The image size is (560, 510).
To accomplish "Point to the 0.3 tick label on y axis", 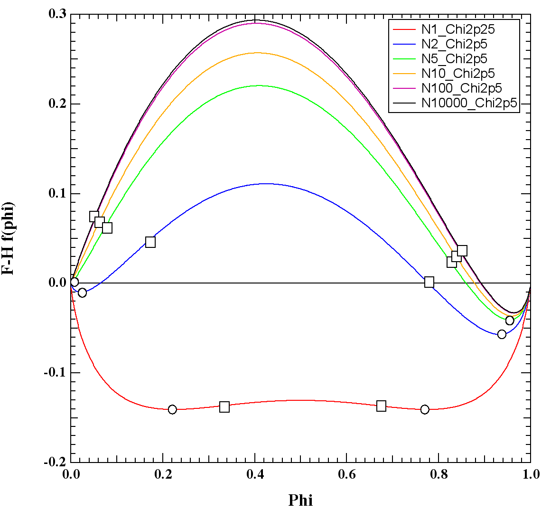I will click(x=57, y=14).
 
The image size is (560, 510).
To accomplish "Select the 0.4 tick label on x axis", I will click(x=255, y=474).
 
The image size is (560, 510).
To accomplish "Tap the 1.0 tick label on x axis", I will click(x=530, y=474).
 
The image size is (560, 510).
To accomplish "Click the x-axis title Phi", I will click(x=300, y=500).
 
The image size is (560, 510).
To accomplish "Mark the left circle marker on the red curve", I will click(x=172, y=409).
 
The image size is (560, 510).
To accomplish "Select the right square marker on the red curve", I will click(x=381, y=406).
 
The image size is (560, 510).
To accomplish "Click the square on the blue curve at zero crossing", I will click(x=429, y=283).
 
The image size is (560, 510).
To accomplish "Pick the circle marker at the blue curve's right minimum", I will click(x=502, y=334).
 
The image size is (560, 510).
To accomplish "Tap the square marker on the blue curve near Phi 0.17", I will click(x=150, y=242).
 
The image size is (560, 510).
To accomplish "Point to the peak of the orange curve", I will click(x=257, y=53).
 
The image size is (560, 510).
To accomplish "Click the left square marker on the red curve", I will click(x=224, y=407).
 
